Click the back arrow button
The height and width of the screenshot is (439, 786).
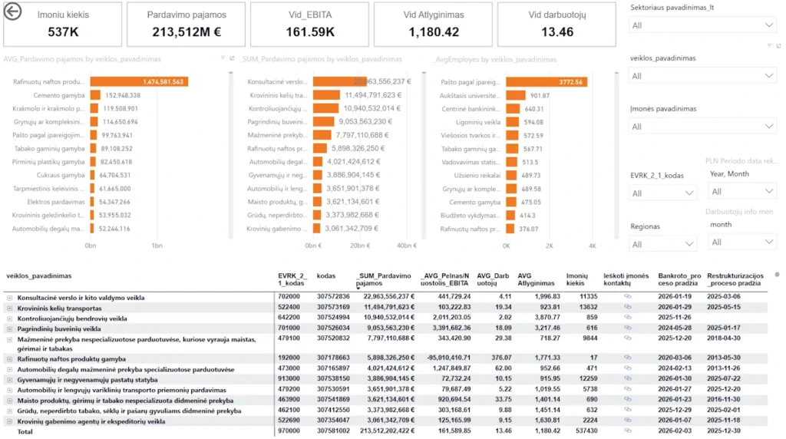point(13,12)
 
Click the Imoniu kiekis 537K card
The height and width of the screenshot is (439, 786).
point(62,25)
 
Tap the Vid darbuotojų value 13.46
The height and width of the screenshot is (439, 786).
point(556,32)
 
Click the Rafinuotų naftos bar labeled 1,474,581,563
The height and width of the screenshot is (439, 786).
point(139,82)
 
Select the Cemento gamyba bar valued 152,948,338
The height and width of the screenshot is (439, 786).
point(95,95)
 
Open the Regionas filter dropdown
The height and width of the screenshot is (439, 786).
point(662,244)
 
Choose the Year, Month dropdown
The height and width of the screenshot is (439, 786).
point(742,191)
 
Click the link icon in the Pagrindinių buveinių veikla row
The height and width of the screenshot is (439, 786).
point(626,328)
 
